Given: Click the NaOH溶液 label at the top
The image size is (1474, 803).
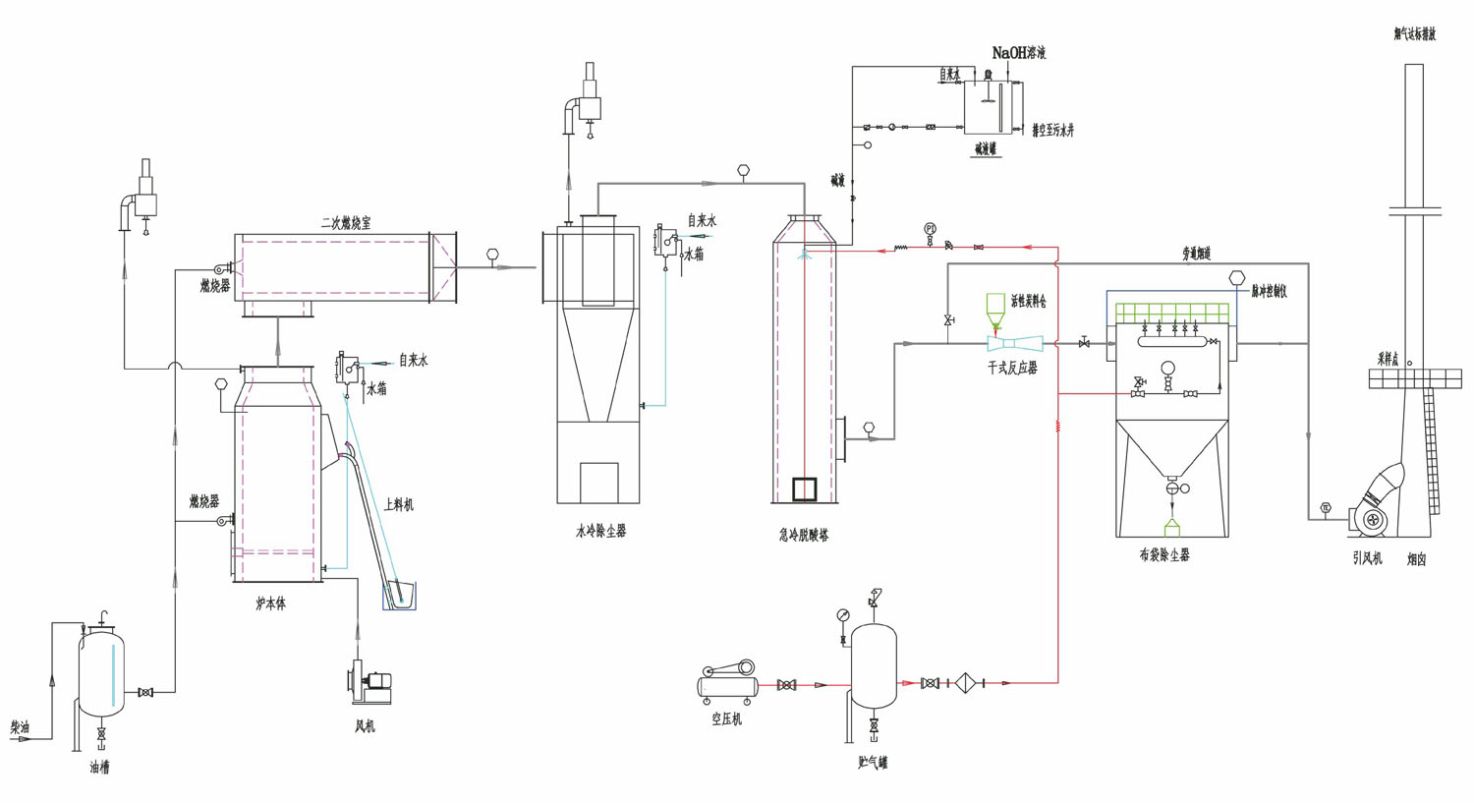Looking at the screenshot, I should [x=1018, y=53].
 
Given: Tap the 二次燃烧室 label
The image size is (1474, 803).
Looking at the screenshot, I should [x=346, y=224].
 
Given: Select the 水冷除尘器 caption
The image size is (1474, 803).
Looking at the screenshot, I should [x=600, y=532].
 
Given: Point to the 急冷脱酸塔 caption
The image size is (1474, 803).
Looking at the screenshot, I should [x=803, y=536].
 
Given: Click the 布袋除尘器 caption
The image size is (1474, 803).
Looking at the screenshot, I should [x=1164, y=555].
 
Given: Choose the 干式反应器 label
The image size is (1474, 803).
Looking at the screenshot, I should [x=1012, y=368].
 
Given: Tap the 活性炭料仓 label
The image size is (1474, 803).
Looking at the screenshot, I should [x=1028, y=302].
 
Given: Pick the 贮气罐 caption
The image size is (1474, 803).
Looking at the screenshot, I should [x=872, y=763].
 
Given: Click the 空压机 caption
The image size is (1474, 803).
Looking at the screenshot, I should [x=726, y=719].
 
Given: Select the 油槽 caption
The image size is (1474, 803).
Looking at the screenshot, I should [x=99, y=768].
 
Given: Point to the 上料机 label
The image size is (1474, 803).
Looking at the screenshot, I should [x=398, y=505].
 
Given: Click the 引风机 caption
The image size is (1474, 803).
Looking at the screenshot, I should [x=1367, y=558].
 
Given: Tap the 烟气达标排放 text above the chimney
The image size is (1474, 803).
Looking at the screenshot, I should [x=1414, y=34].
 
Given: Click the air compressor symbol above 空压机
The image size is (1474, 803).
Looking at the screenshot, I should [x=728, y=680].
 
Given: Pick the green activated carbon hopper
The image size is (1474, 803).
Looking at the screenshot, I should [x=995, y=306].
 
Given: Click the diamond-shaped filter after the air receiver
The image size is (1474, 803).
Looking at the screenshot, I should [x=965, y=683].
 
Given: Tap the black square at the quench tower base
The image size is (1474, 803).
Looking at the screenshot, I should [x=804, y=488].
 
